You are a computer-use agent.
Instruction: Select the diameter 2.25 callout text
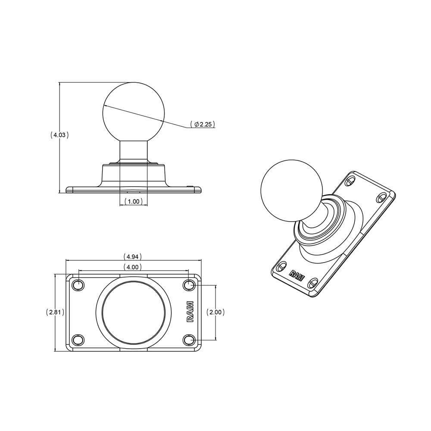pos(202,125)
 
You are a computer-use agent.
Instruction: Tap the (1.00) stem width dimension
pos(134,201)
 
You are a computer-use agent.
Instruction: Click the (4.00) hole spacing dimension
pos(134,267)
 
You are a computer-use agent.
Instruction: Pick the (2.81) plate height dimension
pos(55,313)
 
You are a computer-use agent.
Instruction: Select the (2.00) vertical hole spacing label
pos(215,312)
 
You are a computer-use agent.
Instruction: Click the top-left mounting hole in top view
pos(78,285)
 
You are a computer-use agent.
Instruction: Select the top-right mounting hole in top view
pos(189,285)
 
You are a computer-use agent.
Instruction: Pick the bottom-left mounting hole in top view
pos(78,340)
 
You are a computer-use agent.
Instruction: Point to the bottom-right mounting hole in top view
pos(189,340)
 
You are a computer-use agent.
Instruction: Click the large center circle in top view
pos(134,312)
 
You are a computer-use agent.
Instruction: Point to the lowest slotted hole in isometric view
pos(312,283)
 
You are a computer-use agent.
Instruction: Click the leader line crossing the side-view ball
pos(147,115)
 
